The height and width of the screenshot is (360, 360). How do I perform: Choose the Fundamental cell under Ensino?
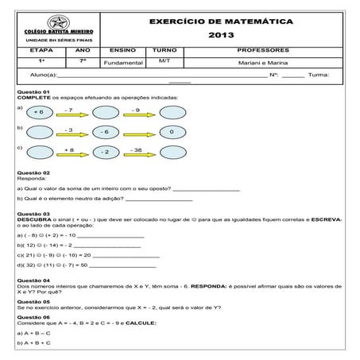(x=122, y=61)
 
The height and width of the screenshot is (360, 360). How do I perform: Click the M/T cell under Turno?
(x=165, y=60)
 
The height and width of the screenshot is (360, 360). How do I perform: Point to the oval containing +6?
(x=39, y=114)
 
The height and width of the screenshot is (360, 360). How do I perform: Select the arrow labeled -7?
(x=69, y=114)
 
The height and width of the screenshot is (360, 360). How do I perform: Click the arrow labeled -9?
(x=137, y=114)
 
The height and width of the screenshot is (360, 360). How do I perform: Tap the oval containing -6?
(x=104, y=132)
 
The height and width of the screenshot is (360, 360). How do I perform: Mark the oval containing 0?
(x=172, y=132)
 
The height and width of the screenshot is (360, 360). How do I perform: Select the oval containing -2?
(x=104, y=152)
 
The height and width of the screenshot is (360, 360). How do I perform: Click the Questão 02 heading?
(x=33, y=172)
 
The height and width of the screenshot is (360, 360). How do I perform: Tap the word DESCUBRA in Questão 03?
(x=33, y=219)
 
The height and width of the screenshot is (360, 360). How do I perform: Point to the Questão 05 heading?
(x=33, y=302)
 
